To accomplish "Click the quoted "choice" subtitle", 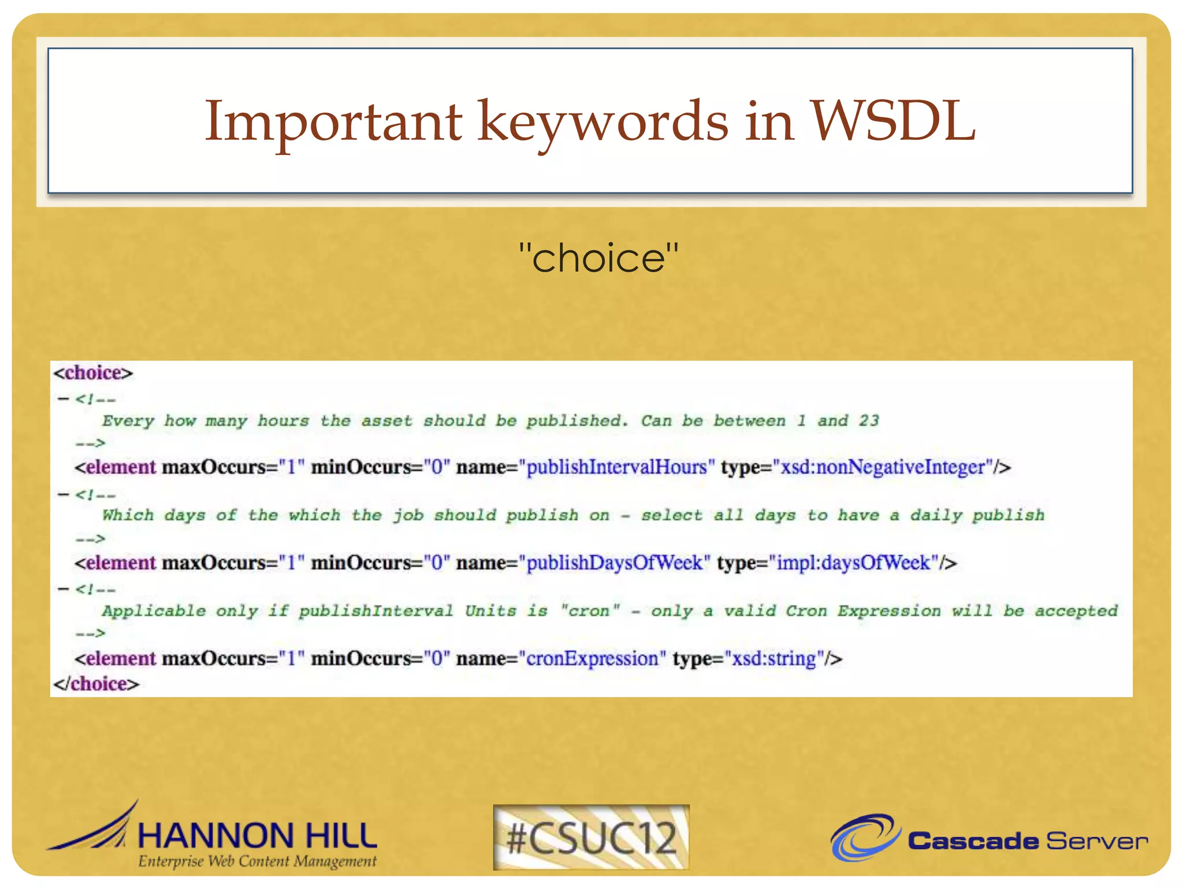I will pos(598,258).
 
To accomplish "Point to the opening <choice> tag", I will pos(93,373).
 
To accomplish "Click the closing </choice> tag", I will pos(96,684).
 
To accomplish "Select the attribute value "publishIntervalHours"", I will pos(617,467).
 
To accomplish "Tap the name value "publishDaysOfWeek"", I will pos(615,563).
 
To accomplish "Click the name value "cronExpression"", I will pos(592,658).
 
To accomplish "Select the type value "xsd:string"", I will pos(774,658).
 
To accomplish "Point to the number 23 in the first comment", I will pos(869,420).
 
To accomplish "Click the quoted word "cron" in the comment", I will pos(590,610).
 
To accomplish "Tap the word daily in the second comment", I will pos(936,515).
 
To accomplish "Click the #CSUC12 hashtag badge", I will pos(591,837).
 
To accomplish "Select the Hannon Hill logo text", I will pos(257,835).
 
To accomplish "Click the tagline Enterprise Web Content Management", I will pos(257,861).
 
